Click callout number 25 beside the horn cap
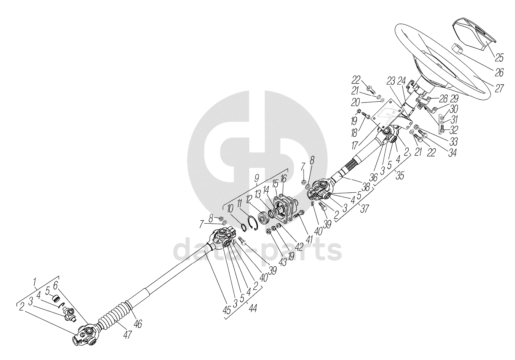coord(499,58)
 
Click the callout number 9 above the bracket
coord(256,177)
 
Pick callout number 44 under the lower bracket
coord(253,308)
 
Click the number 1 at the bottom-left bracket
coord(35,282)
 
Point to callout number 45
coord(227,310)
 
